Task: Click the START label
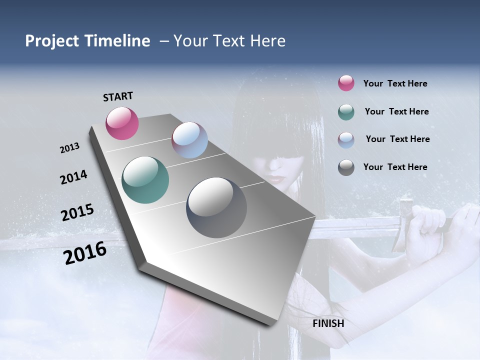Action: point(118,96)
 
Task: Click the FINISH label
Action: point(328,323)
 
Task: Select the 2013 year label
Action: point(69,148)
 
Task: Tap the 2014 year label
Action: point(73,177)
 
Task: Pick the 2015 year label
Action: point(77,212)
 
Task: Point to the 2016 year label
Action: point(85,252)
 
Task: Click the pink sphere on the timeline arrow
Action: point(122,123)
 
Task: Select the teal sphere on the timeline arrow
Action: point(145,180)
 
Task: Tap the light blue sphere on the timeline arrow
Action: point(189,140)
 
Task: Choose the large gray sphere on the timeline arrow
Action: point(216,207)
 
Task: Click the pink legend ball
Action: point(346,83)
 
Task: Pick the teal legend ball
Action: point(346,112)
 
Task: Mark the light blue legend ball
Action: point(346,139)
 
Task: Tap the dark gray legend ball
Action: point(346,167)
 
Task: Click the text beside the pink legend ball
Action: point(395,83)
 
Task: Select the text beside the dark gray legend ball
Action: point(395,167)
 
